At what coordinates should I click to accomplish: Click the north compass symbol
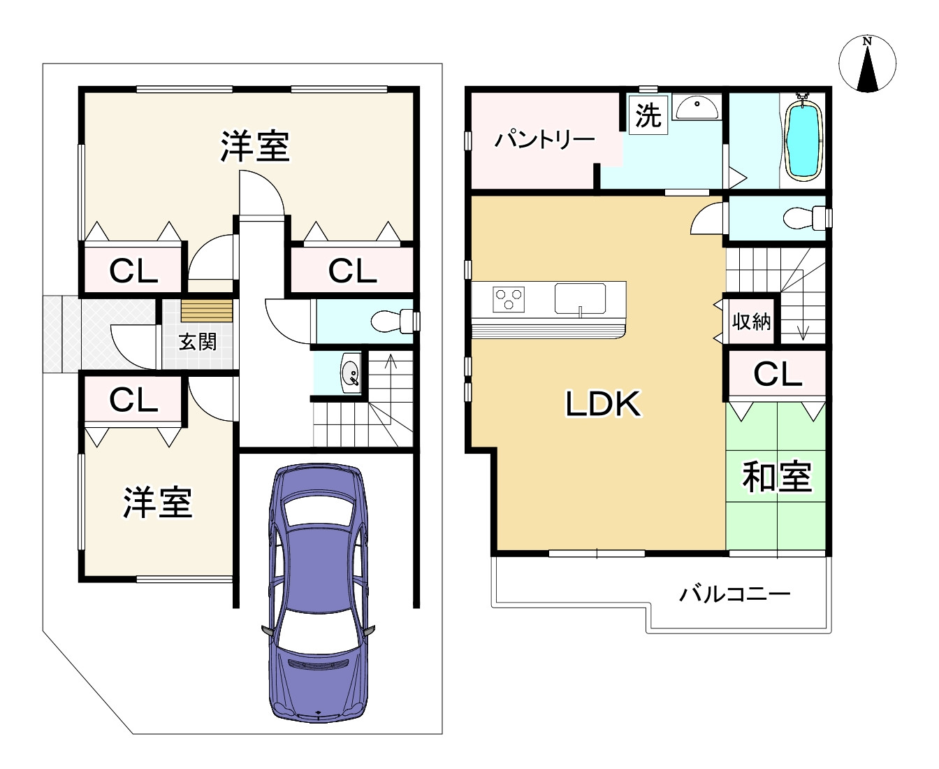coord(867,64)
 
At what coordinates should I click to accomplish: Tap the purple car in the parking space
coord(318,591)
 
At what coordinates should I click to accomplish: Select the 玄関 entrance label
coord(198,342)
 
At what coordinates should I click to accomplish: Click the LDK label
coord(602,404)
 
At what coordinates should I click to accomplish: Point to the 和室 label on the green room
coord(776,477)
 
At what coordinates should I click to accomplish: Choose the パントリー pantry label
coord(544,140)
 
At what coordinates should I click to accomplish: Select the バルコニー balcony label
coord(735,594)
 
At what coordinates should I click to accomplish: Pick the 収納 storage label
coord(751,322)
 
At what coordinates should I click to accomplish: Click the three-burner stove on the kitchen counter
coord(508,299)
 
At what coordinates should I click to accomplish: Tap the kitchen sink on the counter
coord(580,299)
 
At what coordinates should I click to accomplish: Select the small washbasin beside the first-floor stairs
coord(351,372)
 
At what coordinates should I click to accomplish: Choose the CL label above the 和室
coord(777,375)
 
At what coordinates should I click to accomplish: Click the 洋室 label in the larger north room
coord(255,146)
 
